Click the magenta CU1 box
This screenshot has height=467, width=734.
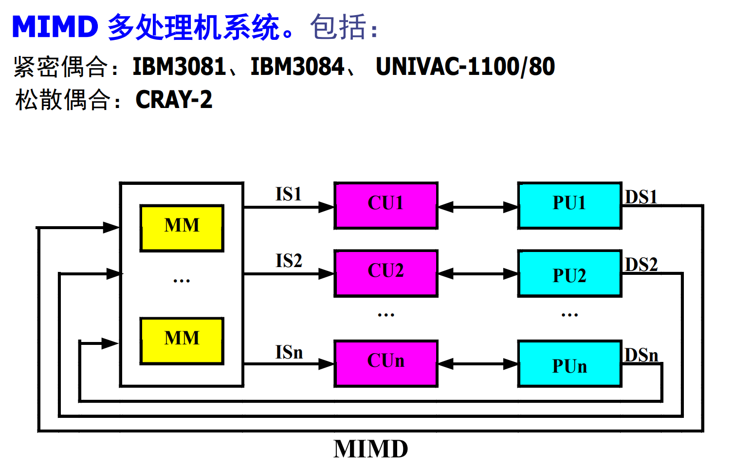(385, 205)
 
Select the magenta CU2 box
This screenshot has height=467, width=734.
(385, 273)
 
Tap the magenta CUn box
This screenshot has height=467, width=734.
(385, 363)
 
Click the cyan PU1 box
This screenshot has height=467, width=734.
(569, 205)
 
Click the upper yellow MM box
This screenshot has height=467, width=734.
(182, 228)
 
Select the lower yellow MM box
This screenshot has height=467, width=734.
(182, 341)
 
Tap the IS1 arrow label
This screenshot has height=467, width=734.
(289, 194)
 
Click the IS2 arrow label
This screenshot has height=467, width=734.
(289, 261)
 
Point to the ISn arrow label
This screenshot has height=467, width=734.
(289, 352)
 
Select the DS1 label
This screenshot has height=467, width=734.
(641, 197)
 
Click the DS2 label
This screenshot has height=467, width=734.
(641, 265)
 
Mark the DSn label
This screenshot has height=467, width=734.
(641, 355)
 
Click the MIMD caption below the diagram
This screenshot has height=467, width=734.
(370, 449)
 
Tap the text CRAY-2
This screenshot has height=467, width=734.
(174, 100)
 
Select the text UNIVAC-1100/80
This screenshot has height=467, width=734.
(465, 67)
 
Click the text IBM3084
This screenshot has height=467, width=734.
(297, 67)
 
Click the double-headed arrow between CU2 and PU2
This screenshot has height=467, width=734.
(477, 274)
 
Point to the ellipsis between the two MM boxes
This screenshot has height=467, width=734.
(182, 281)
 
